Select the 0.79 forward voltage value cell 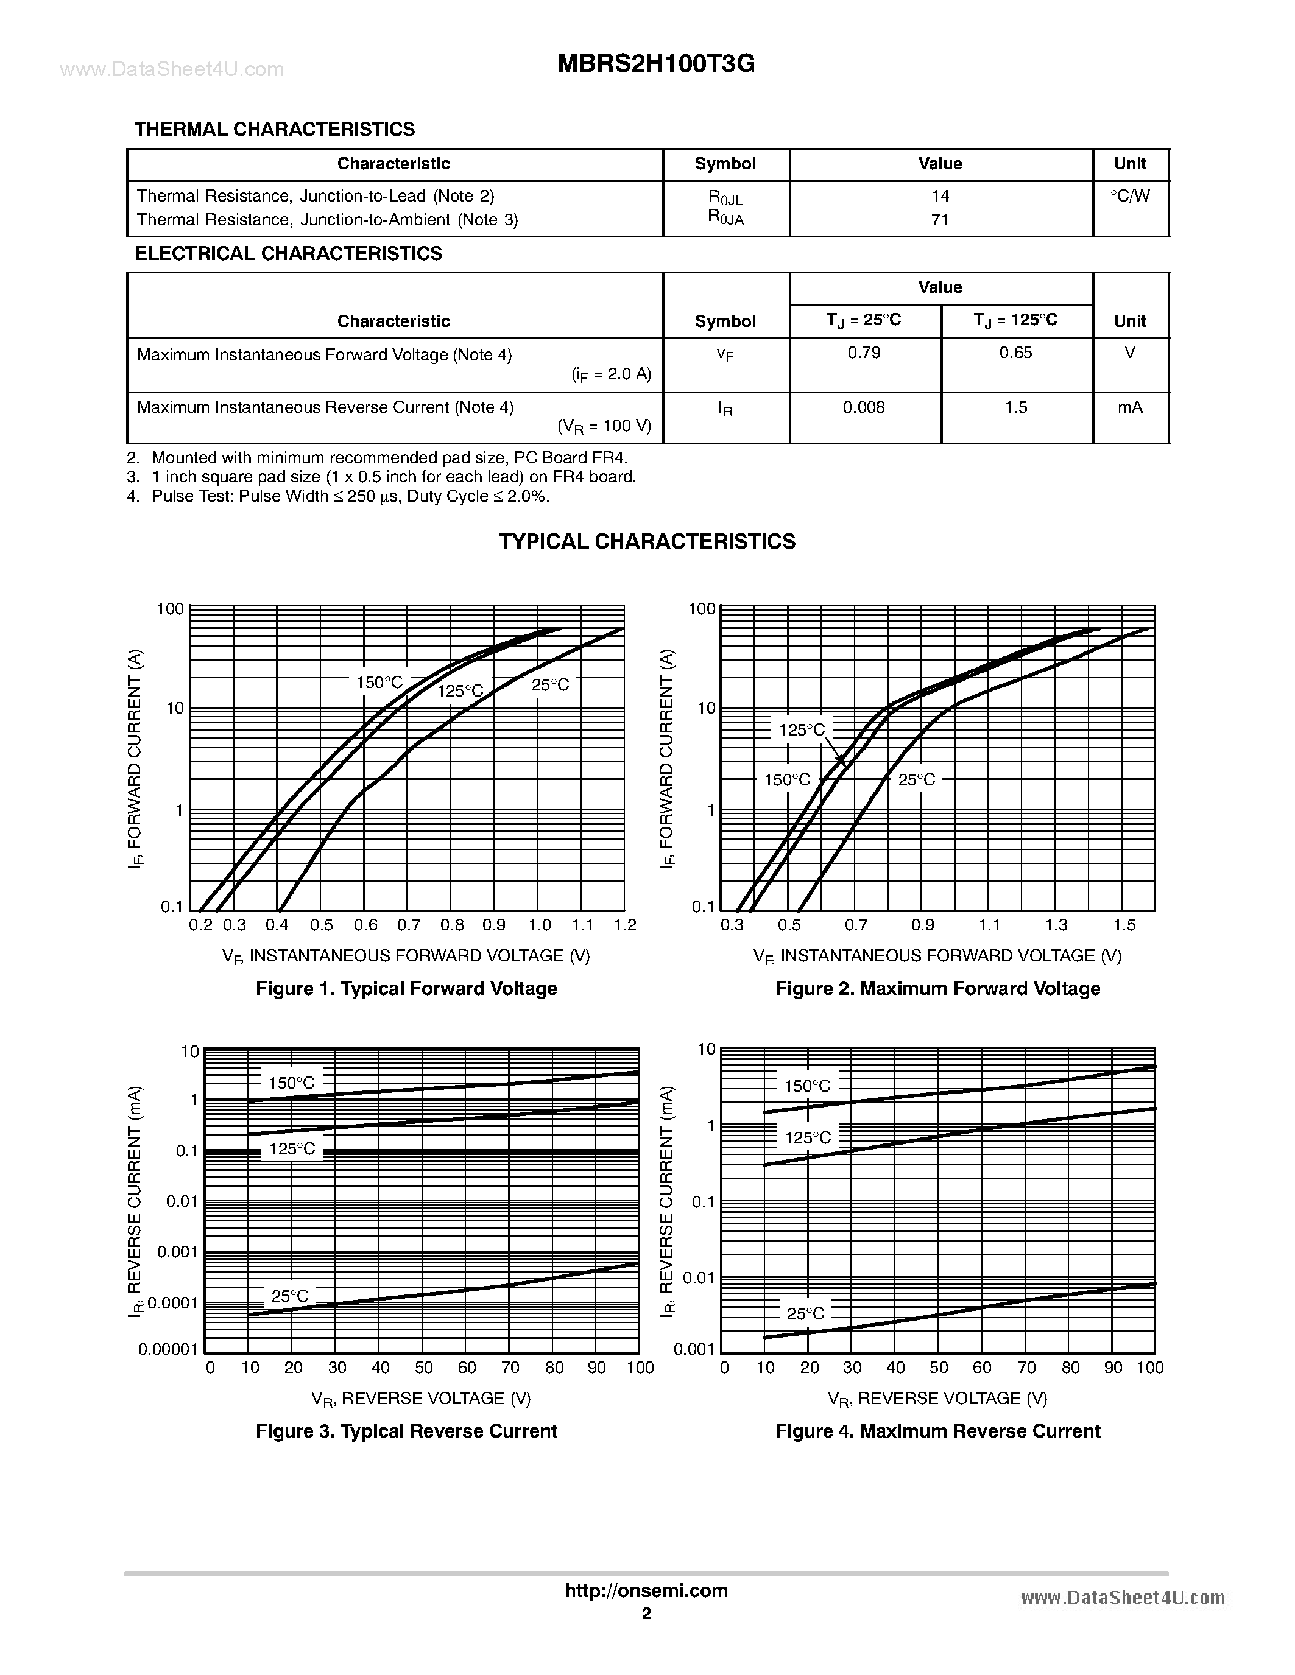click(x=864, y=353)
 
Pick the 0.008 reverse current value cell click(x=864, y=407)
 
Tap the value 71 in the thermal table click(x=940, y=220)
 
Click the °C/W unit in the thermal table click(x=1130, y=195)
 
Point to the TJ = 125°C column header click(x=1016, y=320)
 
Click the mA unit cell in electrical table click(x=1130, y=407)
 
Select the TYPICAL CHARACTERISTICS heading click(x=647, y=541)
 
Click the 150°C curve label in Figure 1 click(x=379, y=683)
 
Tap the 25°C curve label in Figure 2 click(x=917, y=780)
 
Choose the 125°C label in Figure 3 click(x=292, y=1149)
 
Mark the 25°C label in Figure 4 click(x=805, y=1314)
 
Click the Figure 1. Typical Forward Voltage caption click(x=406, y=989)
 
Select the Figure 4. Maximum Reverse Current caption click(x=937, y=1431)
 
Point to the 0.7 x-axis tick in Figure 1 click(x=409, y=925)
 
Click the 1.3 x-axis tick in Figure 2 click(x=1056, y=925)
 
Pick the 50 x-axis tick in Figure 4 click(x=939, y=1368)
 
